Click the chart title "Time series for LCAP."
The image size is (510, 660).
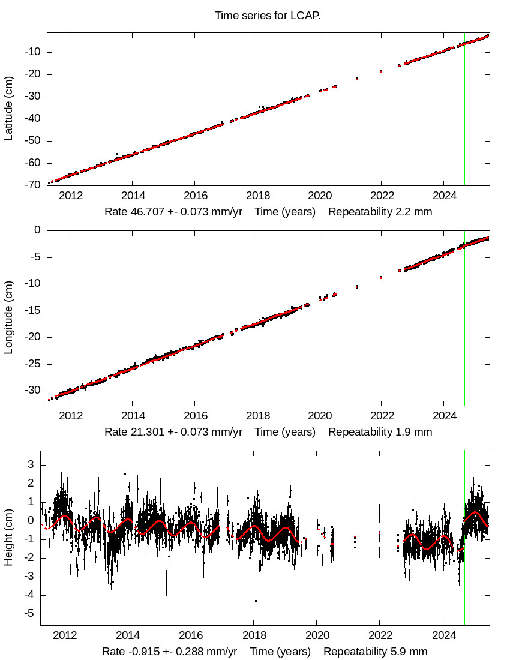268,16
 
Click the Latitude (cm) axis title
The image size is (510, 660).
9,109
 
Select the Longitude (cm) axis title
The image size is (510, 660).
9,317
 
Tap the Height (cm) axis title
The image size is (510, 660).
9,537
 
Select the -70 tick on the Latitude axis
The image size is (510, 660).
32,185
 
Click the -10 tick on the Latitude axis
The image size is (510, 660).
32,52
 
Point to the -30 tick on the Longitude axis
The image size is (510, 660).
32,390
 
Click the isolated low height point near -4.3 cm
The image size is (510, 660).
256,600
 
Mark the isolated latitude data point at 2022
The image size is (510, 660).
381,71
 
